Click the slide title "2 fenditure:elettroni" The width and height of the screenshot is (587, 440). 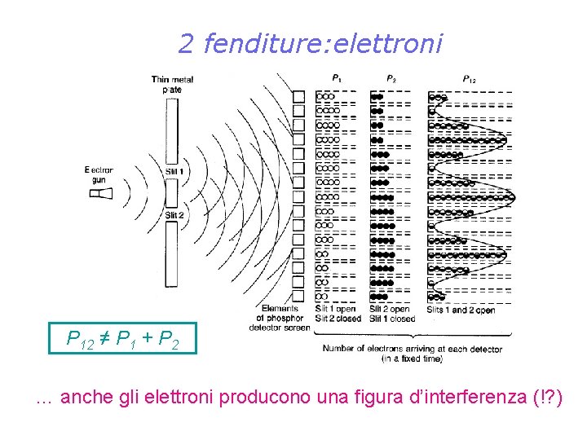[310, 43]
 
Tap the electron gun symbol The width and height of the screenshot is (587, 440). [101, 193]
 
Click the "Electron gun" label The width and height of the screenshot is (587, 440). [99, 174]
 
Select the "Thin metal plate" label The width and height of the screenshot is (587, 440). [171, 84]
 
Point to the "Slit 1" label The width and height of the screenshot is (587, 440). [174, 172]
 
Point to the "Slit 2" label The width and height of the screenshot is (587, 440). [174, 215]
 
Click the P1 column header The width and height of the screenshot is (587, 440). [337, 78]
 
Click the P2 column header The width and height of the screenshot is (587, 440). [391, 78]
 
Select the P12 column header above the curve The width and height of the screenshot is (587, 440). [470, 79]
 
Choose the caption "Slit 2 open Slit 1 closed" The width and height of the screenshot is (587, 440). [391, 314]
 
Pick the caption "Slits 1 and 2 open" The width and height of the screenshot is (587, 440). [461, 310]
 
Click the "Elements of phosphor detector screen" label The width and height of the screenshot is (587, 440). [283, 318]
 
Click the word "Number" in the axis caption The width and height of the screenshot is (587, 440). [342, 349]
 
